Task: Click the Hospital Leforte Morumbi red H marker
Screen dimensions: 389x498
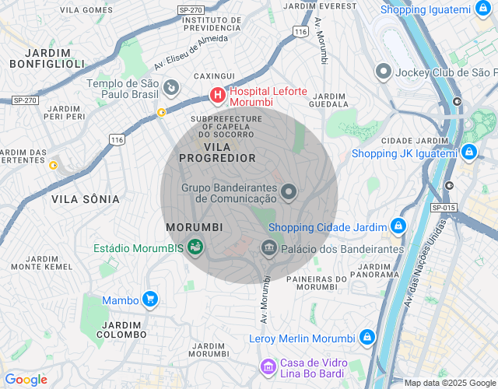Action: (x=218, y=96)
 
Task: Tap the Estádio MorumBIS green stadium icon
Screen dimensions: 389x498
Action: (x=195, y=248)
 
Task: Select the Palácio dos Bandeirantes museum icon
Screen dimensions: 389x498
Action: (x=268, y=248)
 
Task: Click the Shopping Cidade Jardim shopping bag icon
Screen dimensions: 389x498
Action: (x=398, y=226)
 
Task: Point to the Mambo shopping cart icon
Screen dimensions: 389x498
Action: (x=150, y=300)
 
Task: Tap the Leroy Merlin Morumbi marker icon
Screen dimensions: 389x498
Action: (x=366, y=338)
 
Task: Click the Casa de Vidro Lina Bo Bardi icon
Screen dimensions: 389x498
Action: (x=268, y=366)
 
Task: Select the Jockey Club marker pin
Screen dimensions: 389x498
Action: (x=382, y=72)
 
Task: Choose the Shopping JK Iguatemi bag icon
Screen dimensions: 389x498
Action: (x=468, y=152)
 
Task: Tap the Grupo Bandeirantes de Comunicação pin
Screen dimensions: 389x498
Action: (x=289, y=191)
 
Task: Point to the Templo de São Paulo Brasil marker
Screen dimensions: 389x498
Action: (x=172, y=87)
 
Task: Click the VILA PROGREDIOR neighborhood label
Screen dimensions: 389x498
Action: (x=217, y=152)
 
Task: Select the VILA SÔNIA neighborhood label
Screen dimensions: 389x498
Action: (x=86, y=199)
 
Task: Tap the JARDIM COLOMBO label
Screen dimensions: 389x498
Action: (x=121, y=329)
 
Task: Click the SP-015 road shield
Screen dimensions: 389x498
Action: (x=443, y=207)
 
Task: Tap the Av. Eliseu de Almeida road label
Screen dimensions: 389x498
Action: (x=191, y=50)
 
